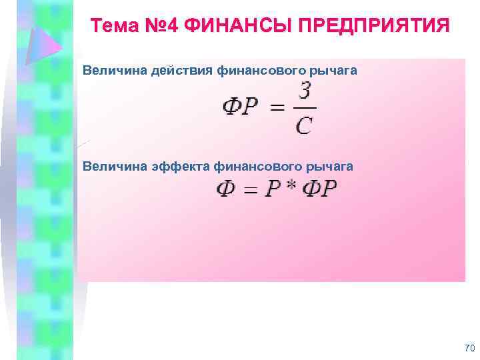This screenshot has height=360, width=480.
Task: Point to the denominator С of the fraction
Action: tap(304, 125)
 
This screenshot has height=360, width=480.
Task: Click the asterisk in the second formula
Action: tap(291, 189)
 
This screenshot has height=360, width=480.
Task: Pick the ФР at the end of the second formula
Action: tap(319, 190)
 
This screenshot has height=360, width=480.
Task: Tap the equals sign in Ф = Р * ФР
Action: tap(250, 191)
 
